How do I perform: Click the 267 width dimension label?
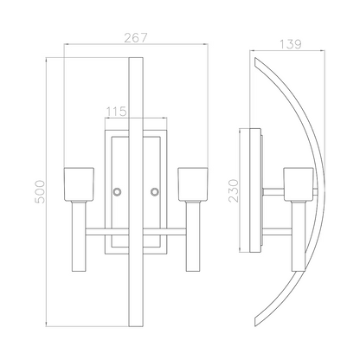coord(136,37)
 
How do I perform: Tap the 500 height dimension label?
coord(40,192)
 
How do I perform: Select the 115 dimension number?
coord(116,112)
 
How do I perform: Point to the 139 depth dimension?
coord(291,44)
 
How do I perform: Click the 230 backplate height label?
coord(234,190)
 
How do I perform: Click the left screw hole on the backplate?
coord(117,191)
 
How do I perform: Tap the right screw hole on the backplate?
coord(154,191)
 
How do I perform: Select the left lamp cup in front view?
coord(79,183)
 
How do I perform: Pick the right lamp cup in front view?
coord(193,183)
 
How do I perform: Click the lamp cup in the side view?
coord(299,183)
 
